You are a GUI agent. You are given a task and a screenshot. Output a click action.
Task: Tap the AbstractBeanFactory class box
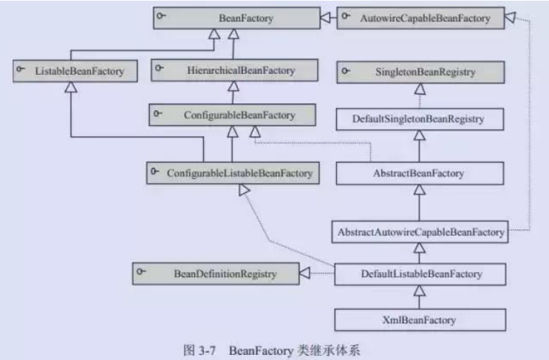pyautogui.click(x=420, y=173)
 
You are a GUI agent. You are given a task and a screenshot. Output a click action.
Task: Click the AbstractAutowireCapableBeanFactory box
pyautogui.click(x=420, y=232)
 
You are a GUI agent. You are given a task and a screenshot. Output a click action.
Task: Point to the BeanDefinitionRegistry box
pyautogui.click(x=215, y=274)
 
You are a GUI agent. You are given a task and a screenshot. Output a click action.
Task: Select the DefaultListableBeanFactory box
pyautogui.click(x=420, y=274)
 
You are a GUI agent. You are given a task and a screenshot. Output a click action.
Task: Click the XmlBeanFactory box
pyautogui.click(x=420, y=320)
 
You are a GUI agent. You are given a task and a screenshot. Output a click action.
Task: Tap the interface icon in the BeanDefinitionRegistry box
pyautogui.click(x=141, y=273)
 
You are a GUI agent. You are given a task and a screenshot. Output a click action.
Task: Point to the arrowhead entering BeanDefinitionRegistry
pyautogui.click(x=304, y=275)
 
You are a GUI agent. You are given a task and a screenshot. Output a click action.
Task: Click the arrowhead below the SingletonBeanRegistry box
pyautogui.click(x=420, y=89)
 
